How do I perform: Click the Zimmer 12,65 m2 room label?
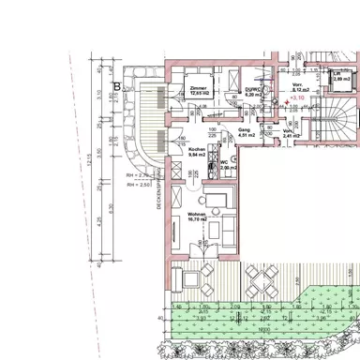[199, 92]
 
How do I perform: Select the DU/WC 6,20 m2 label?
[252, 92]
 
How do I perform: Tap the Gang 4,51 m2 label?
[247, 133]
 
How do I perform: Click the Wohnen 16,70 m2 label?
[197, 218]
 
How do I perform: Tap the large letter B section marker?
[117, 87]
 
